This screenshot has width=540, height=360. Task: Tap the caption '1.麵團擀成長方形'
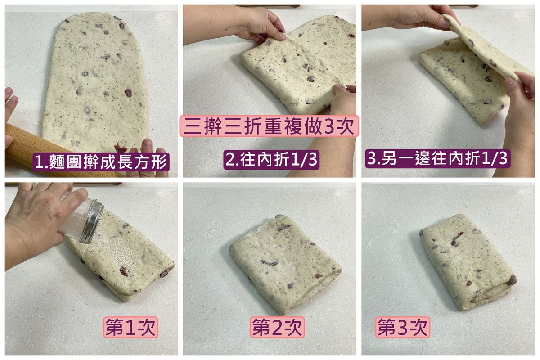tap(101, 162)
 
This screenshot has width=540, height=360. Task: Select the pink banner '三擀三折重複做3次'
tap(269, 126)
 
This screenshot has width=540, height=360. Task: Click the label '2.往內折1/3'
tap(271, 159)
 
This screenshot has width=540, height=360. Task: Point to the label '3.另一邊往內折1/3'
tap(437, 158)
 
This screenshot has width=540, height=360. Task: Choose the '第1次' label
tap(130, 327)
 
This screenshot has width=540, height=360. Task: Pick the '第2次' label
tap(277, 327)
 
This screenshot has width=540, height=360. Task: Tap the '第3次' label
tap(403, 327)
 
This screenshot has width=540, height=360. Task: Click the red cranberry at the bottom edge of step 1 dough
tap(120, 147)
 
